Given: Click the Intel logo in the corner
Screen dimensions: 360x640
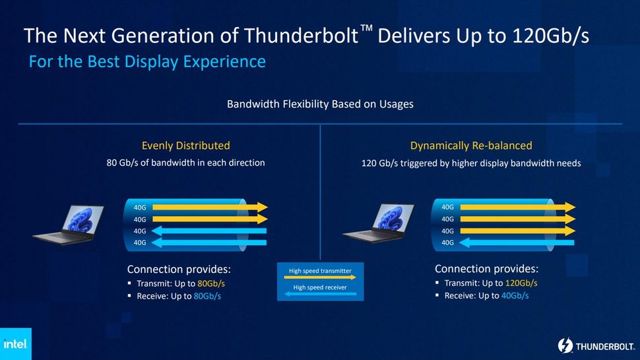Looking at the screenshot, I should [15, 344].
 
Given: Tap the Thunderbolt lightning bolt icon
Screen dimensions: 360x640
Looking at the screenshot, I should [565, 345].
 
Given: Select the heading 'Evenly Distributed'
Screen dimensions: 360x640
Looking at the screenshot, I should [185, 146].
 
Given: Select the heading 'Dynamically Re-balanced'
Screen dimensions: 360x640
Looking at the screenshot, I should [470, 146].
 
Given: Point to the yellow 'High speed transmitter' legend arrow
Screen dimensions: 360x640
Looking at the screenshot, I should [320, 278].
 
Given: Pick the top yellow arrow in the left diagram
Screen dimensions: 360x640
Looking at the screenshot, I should [208, 207].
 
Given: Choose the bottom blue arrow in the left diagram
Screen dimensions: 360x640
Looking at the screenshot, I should [208, 243].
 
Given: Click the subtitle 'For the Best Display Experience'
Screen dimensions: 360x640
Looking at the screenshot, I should [147, 62].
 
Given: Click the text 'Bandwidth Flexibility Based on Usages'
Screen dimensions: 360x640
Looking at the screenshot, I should [320, 104].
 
